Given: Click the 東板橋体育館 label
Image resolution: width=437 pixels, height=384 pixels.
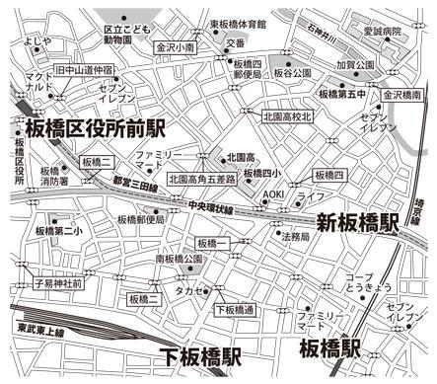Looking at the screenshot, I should click(238, 22).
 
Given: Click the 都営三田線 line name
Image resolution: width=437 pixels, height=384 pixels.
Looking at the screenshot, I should click(134, 185).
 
